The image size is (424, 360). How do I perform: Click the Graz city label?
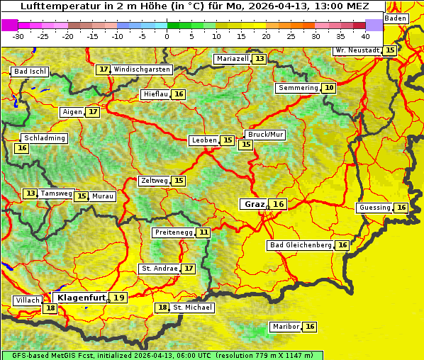click(x=254, y=204)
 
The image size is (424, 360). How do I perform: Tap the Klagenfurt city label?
click(x=80, y=298)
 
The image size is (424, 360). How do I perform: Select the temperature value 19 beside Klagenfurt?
click(x=119, y=298)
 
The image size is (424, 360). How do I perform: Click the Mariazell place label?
click(x=233, y=58)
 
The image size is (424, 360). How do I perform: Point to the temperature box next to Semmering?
click(x=328, y=88)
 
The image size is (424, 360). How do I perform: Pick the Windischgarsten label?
click(x=142, y=69)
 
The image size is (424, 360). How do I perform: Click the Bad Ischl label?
click(x=30, y=72)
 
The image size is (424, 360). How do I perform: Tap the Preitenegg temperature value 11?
click(x=203, y=232)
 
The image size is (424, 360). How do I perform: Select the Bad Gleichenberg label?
click(x=300, y=245)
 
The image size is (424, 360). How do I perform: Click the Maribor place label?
click(x=285, y=327)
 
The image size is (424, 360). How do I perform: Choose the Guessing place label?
click(x=374, y=208)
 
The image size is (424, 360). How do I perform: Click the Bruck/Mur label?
click(x=265, y=135)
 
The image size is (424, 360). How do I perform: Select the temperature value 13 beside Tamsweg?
click(x=30, y=193)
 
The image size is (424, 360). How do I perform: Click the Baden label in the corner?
click(x=396, y=18)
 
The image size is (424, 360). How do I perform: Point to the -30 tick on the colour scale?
click(x=18, y=36)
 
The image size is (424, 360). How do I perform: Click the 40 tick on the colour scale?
click(x=365, y=36)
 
